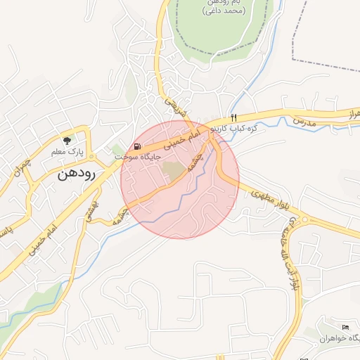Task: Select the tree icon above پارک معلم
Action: click(x=67, y=140)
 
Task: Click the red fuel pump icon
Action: click(x=136, y=146)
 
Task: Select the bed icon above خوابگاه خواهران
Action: click(x=345, y=328)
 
